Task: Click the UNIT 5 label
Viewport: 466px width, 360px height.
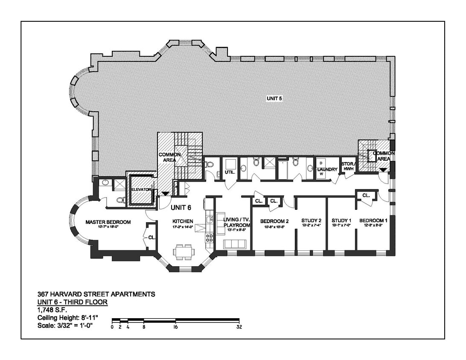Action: coord(275,98)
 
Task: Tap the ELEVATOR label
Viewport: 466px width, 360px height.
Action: coord(141,189)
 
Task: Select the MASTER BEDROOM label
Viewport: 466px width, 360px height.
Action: coord(108,222)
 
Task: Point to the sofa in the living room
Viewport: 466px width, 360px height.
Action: coord(233,244)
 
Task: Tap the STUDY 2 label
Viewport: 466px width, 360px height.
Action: coord(311,221)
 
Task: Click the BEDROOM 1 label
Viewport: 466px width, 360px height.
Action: coord(373,221)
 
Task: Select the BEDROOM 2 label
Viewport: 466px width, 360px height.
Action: coord(275,221)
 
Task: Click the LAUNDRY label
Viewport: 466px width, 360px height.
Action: coord(327,169)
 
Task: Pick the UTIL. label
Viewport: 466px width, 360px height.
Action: coord(230,172)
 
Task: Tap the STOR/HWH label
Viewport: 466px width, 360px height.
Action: coord(348,166)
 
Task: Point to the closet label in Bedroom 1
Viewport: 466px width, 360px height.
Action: coord(366,195)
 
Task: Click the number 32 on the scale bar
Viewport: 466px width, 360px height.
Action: coord(239,327)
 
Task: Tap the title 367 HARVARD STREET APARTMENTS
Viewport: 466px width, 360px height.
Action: coord(96,294)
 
